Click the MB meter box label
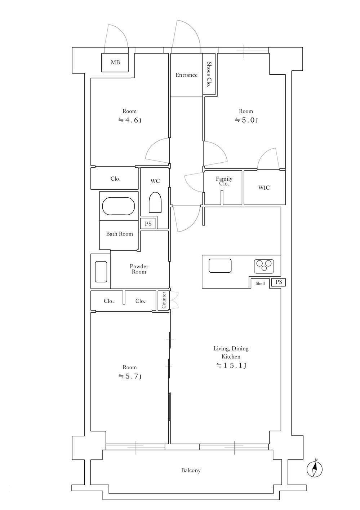pyautogui.click(x=115, y=62)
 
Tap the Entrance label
pyautogui.click(x=186, y=75)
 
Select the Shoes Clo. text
pyautogui.click(x=209, y=75)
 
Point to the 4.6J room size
pyautogui.click(x=130, y=120)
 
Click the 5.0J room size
pyautogui.click(x=246, y=120)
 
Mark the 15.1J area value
pyautogui.click(x=231, y=365)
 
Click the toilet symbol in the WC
pyautogui.click(x=155, y=202)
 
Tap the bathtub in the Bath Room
pyautogui.click(x=119, y=206)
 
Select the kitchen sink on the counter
pyautogui.click(x=220, y=266)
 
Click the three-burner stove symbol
pyautogui.click(x=264, y=266)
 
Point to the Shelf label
pyautogui.click(x=260, y=283)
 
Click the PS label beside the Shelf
pyautogui.click(x=279, y=282)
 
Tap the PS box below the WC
pyautogui.click(x=148, y=224)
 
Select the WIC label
pyautogui.click(x=264, y=188)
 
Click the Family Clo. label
pyautogui.click(x=224, y=181)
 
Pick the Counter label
pyautogui.click(x=164, y=300)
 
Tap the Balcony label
pyautogui.click(x=191, y=470)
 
